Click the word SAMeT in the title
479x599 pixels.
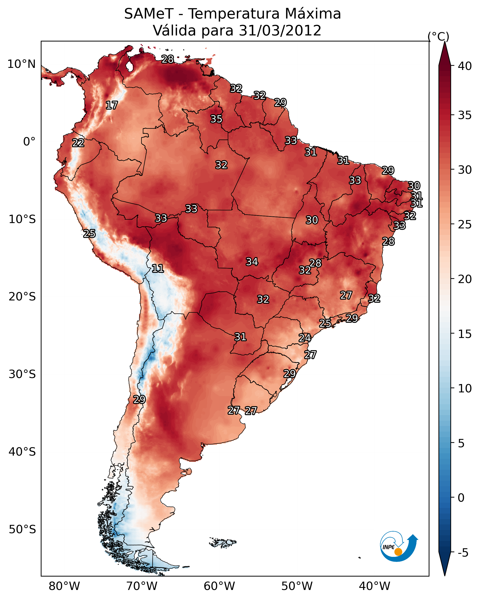(149, 14)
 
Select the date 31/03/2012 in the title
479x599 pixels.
(280, 31)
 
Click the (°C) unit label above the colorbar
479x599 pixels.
(438, 36)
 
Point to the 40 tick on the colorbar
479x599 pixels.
(465, 66)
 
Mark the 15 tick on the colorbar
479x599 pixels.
(465, 334)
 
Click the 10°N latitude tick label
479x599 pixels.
(21, 64)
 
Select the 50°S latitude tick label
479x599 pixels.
(22, 530)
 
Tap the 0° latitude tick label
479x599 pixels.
(29, 142)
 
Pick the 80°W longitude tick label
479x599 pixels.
(64, 586)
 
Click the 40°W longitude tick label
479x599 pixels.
(374, 586)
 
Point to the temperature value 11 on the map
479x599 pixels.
(158, 268)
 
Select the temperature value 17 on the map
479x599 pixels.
(112, 105)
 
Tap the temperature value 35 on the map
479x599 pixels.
(216, 119)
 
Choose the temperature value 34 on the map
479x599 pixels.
(252, 262)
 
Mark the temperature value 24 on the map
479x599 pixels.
(305, 338)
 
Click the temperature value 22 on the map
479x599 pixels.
(78, 143)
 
